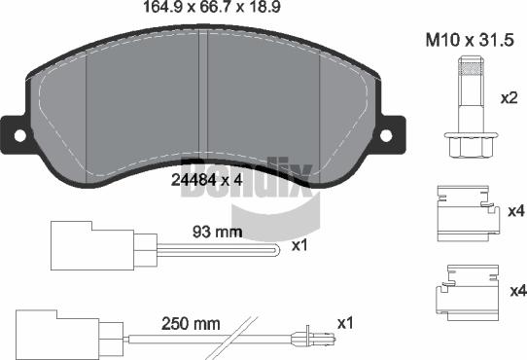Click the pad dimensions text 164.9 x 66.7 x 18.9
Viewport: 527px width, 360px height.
(212, 7)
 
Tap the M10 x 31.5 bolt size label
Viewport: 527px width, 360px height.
(470, 40)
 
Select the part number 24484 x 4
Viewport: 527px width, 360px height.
(206, 180)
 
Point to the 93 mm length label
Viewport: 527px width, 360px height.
(217, 232)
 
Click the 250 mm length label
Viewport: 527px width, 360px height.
(191, 324)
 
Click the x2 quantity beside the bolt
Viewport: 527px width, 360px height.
(509, 98)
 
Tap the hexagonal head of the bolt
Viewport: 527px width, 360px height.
(471, 145)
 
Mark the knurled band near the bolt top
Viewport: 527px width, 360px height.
(471, 70)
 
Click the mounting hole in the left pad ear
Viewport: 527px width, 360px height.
(19, 135)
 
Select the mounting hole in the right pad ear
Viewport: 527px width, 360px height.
(386, 135)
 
